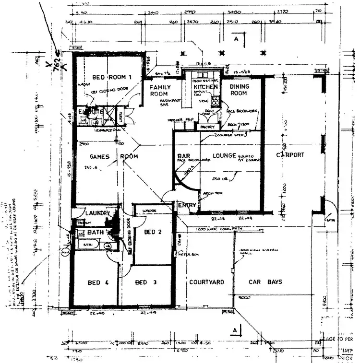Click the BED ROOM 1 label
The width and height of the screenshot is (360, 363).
112,77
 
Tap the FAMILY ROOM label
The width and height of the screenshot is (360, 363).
158,90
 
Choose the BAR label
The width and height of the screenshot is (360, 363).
184,156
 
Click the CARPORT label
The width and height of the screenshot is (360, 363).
289,155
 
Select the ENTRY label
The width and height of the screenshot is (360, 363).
186,205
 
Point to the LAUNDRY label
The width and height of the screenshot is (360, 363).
98,213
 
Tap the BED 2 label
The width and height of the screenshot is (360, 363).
153,232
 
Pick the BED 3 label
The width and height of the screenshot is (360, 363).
145,282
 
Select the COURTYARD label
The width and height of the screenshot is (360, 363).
206,282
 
